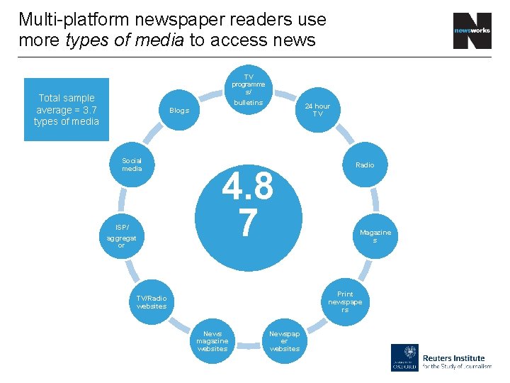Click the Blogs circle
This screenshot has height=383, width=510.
tap(179, 111)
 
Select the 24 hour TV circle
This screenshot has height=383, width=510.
tap(317, 111)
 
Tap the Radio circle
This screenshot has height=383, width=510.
tap(365, 165)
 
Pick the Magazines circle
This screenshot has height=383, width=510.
tap(375, 236)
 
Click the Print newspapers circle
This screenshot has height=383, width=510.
tap(345, 301)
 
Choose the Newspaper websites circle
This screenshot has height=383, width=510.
tap(285, 340)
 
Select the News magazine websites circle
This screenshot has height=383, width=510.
tap(212, 340)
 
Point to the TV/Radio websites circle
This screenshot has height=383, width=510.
tap(152, 301)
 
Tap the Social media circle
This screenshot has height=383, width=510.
tap(132, 165)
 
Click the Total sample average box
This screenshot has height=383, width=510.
tap(67, 110)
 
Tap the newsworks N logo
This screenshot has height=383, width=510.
tap(472, 31)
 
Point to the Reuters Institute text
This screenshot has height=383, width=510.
tap(453, 358)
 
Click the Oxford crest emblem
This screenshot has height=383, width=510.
tap(404, 357)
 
